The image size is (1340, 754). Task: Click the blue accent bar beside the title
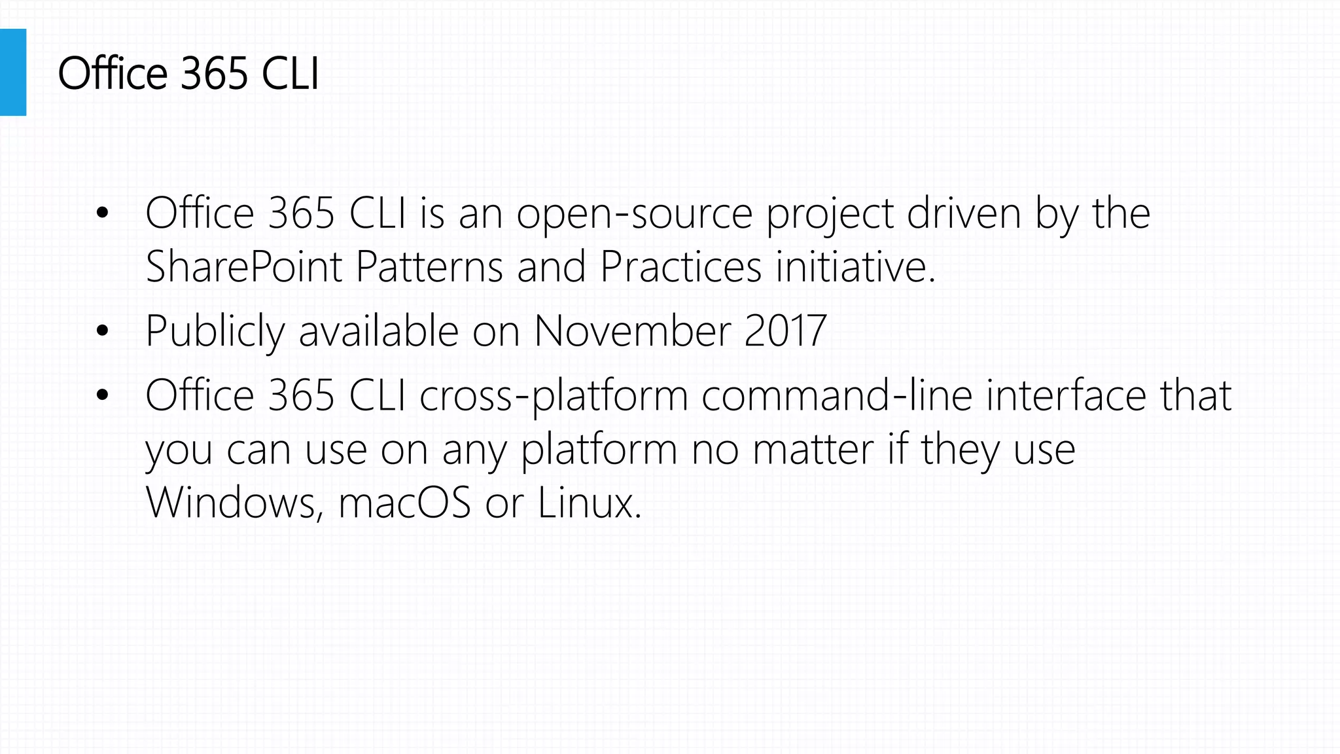click(13, 72)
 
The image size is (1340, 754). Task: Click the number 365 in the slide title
click(214, 73)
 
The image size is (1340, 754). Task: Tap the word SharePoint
click(244, 267)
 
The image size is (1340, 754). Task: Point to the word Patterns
click(429, 267)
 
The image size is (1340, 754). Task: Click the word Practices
click(680, 267)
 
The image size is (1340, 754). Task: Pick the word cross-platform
click(554, 396)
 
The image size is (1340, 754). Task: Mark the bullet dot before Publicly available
click(101, 331)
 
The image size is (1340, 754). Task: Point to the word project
click(830, 215)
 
